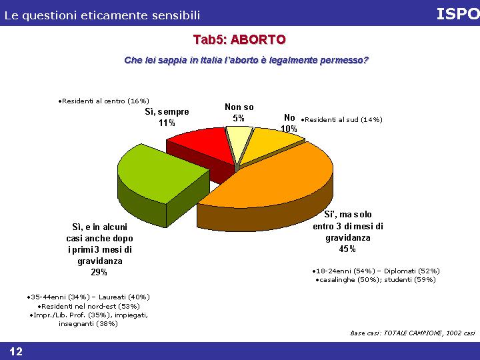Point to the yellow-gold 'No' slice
[269, 144]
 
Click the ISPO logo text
[458, 14]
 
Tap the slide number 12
[16, 351]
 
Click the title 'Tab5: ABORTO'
[239, 40]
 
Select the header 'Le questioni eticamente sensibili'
[102, 15]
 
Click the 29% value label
[99, 272]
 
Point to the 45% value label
[347, 249]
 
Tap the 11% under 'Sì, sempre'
[167, 123]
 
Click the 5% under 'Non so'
[239, 118]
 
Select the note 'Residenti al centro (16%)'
[103, 101]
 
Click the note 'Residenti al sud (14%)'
[341, 120]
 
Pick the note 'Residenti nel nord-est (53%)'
[89, 306]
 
